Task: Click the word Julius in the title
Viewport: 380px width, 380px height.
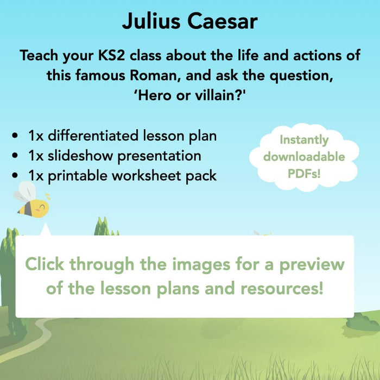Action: pyautogui.click(x=151, y=21)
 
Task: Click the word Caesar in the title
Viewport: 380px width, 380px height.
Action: pyautogui.click(x=222, y=21)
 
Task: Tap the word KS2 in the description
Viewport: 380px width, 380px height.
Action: pyautogui.click(x=111, y=55)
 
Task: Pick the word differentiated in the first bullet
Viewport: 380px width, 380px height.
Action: pyautogui.click(x=93, y=136)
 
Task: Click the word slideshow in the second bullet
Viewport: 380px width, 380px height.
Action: pyautogui.click(x=80, y=155)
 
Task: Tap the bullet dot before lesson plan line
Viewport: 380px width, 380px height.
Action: pyautogui.click(x=15, y=136)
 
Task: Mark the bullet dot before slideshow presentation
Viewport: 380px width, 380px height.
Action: pyautogui.click(x=15, y=155)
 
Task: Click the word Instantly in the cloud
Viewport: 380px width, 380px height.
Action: pyautogui.click(x=304, y=140)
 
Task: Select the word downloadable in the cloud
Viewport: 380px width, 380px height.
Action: pyautogui.click(x=304, y=156)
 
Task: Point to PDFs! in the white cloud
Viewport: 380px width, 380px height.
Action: pyautogui.click(x=304, y=173)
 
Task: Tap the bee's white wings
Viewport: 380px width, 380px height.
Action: pyautogui.click(x=25, y=192)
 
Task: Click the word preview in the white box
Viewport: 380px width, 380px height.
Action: pyautogui.click(x=312, y=265)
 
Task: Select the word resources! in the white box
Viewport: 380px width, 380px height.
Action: pyautogui.click(x=282, y=288)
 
